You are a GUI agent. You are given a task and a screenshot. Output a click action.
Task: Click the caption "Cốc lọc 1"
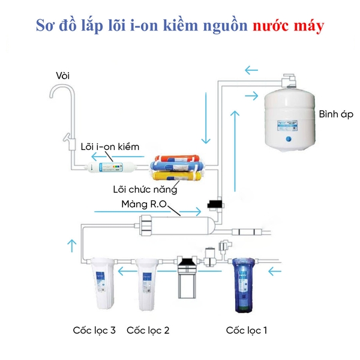[x=246, y=330]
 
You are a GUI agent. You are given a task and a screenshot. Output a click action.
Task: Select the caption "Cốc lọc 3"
[x=94, y=330]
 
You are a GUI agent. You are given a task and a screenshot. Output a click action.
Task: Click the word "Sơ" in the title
[x=47, y=26]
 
